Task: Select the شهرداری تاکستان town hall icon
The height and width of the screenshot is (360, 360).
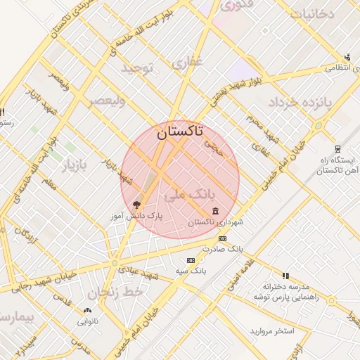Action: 214,212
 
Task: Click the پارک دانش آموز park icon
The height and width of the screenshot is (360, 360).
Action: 136,205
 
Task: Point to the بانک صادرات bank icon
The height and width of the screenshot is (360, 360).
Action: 223,239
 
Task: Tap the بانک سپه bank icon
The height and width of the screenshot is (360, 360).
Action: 185,260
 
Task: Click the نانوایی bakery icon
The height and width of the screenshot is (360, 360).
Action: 87,310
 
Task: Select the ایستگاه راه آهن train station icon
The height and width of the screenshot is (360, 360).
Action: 337,149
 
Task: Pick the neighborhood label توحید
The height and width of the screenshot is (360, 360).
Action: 138,68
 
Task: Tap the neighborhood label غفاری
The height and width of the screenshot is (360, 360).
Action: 187,63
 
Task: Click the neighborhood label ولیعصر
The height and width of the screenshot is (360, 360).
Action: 107,101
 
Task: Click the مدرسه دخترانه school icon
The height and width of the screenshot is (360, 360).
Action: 285,276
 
